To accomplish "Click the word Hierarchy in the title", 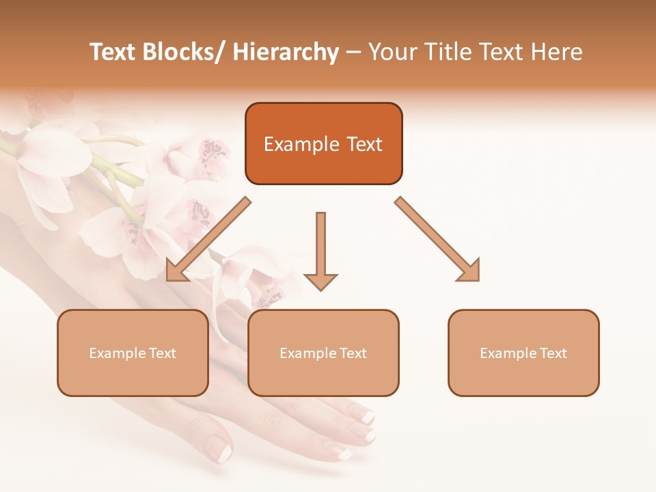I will click(286, 52).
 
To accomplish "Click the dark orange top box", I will click(323, 143).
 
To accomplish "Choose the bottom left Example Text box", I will click(133, 353).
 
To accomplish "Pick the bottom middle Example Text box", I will click(323, 353).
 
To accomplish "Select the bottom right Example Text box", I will click(523, 353).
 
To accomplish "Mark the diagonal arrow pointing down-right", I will click(438, 239).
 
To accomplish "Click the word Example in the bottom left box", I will click(117, 353).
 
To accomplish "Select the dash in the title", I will click(353, 53).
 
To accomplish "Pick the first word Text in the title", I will click(112, 52).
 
